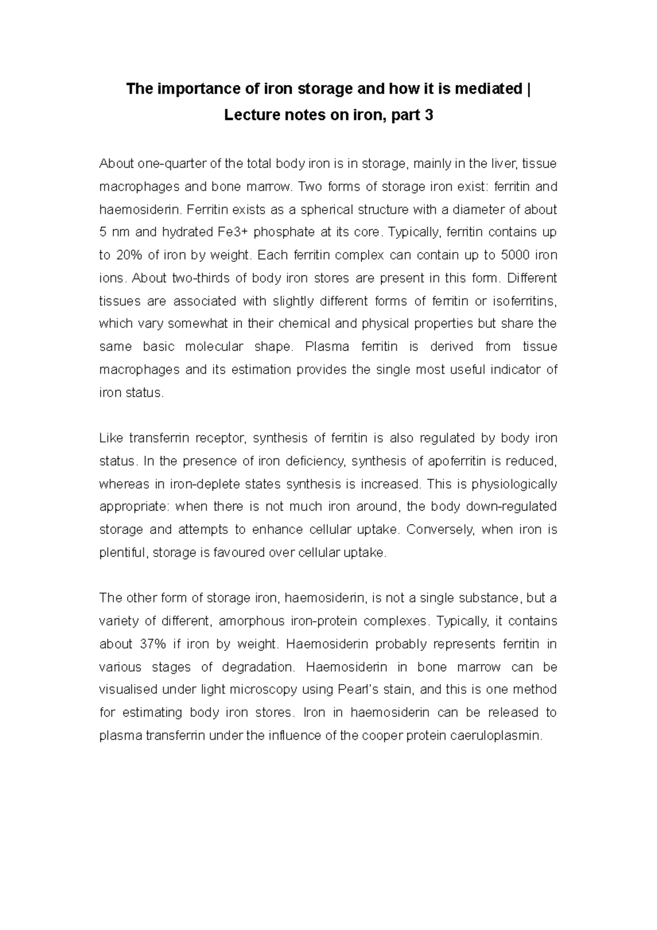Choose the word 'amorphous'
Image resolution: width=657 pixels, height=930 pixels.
click(250, 621)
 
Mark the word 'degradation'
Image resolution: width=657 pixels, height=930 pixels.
click(258, 667)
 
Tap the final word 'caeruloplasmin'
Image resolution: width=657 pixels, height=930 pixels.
click(496, 736)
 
